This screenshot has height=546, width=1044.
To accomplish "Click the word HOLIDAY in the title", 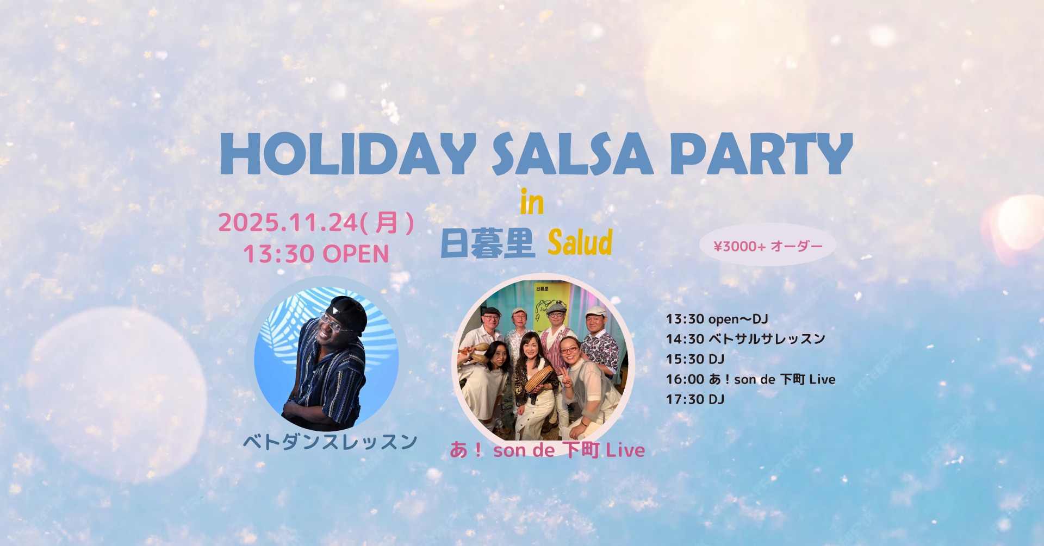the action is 348,154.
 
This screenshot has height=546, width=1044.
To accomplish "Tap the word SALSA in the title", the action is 572,154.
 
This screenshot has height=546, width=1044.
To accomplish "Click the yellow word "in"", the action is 532,202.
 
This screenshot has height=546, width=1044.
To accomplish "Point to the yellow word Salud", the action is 580,242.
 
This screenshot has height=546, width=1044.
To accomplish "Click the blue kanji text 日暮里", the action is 487,243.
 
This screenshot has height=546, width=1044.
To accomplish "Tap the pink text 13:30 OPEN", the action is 316,254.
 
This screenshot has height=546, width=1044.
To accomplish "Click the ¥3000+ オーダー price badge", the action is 768,246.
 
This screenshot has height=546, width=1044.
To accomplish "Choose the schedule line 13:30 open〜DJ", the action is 717,319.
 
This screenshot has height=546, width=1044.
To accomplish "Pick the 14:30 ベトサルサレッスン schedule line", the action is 745,339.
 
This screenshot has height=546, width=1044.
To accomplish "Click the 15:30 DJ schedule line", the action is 695,359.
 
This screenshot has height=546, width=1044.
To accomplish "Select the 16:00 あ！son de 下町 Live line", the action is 750,379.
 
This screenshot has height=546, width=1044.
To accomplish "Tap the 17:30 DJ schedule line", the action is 695,399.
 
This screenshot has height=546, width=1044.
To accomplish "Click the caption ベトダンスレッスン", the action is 330,442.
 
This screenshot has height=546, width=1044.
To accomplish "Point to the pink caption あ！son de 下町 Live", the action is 547,450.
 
